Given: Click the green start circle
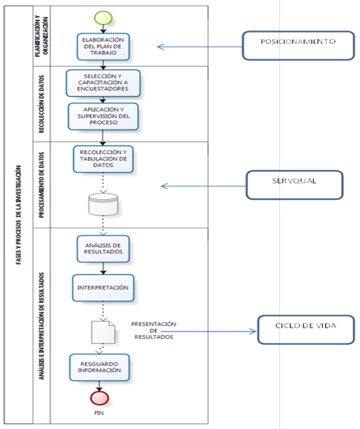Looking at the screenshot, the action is pyautogui.click(x=103, y=18).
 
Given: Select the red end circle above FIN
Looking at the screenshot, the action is pyautogui.click(x=99, y=398).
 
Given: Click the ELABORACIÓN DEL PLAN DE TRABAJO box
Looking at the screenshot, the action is pyautogui.click(x=103, y=47).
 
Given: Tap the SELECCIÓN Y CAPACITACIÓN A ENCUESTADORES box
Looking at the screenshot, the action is pyautogui.click(x=103, y=83).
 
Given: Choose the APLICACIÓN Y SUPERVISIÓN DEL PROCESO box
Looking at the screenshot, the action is pyautogui.click(x=103, y=116).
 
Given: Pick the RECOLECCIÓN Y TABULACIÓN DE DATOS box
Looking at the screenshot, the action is pyautogui.click(x=103, y=159).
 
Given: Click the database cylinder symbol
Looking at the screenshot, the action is pyautogui.click(x=103, y=204).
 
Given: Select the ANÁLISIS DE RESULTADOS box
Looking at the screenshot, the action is pyautogui.click(x=103, y=249).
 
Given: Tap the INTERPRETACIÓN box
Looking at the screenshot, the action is pyautogui.click(x=103, y=288).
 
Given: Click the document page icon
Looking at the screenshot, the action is pyautogui.click(x=103, y=332).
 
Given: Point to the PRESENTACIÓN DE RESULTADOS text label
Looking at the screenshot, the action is pyautogui.click(x=154, y=330).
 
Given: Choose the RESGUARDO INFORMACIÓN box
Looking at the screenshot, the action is pyautogui.click(x=99, y=367).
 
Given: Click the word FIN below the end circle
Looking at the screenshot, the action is pyautogui.click(x=99, y=413).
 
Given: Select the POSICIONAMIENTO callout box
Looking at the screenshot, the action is pyautogui.click(x=298, y=46).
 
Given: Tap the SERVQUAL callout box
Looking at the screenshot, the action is pyautogui.click(x=294, y=185).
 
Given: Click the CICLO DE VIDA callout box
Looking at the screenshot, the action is pyautogui.click(x=306, y=330).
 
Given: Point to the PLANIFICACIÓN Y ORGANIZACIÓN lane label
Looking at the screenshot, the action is pyautogui.click(x=42, y=36).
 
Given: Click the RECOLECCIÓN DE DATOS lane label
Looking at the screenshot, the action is pyautogui.click(x=42, y=105).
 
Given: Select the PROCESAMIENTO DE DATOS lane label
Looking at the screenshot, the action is pyautogui.click(x=42, y=185).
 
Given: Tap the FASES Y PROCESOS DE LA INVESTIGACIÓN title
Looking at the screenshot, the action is pyautogui.click(x=18, y=215).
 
